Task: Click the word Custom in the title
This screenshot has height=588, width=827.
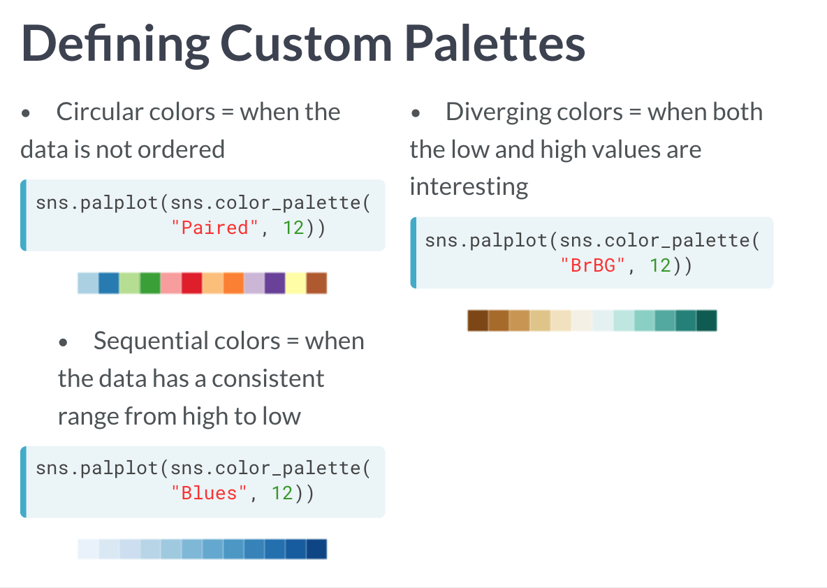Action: (306, 44)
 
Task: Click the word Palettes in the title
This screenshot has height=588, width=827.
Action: (495, 44)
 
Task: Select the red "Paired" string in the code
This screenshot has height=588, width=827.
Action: (214, 228)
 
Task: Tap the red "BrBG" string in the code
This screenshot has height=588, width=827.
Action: (593, 265)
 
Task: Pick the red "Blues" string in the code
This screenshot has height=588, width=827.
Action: (209, 493)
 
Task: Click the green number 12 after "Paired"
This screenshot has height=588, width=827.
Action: (293, 228)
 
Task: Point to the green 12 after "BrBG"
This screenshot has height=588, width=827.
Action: (660, 265)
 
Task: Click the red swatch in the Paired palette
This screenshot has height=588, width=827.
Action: (191, 284)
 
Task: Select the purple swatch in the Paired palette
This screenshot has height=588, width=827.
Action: (275, 284)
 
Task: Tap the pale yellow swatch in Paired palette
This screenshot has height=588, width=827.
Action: (295, 284)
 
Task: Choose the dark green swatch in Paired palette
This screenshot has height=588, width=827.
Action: (150, 284)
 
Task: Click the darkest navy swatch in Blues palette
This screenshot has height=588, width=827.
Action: (316, 549)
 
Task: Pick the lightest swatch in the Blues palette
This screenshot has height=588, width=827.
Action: (88, 549)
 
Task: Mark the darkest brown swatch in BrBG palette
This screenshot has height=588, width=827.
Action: (478, 321)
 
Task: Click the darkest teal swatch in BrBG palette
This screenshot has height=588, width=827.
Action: (707, 321)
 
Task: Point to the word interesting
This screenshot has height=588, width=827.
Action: (469, 187)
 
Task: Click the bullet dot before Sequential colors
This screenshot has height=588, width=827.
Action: (64, 343)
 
